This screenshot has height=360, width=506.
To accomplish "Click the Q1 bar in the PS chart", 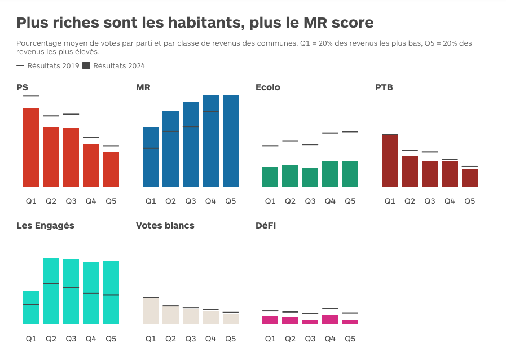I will [31, 147].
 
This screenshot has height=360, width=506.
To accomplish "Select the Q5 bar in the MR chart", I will [231, 141].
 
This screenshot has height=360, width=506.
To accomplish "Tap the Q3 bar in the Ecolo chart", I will [310, 177].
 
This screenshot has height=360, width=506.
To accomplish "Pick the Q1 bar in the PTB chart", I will [390, 160].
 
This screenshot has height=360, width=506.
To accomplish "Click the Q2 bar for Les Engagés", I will [51, 291].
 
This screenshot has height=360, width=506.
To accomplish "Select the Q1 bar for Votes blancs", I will [151, 311].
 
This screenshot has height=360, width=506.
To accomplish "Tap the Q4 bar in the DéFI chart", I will [330, 320].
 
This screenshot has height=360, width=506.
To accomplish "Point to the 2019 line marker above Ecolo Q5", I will [350, 131].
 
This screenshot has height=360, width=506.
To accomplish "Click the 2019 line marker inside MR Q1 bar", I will [151, 148].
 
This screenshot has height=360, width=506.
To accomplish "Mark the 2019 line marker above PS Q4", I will [91, 137].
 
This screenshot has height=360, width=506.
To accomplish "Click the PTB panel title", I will [384, 87].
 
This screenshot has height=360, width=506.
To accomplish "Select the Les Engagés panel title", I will [45, 226].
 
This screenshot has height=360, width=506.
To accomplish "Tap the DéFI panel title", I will [266, 226].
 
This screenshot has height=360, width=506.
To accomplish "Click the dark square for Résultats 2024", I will [86, 65].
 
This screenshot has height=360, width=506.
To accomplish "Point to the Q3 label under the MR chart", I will [191, 201].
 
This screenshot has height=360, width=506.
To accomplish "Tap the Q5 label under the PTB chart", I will [469, 201].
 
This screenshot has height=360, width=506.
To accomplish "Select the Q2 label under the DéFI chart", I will [290, 339].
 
